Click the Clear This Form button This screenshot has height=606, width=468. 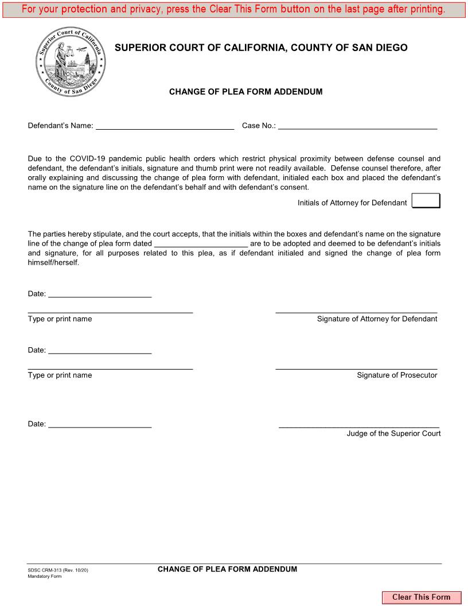pyautogui.click(x=421, y=597)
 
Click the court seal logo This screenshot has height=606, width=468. pyautogui.click(x=71, y=64)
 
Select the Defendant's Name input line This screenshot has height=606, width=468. pyautogui.click(x=165, y=125)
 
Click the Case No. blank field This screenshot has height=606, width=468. pyautogui.click(x=357, y=125)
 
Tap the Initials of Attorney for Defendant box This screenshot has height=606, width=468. pyautogui.click(x=426, y=201)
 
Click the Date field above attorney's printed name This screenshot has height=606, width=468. pyautogui.click(x=100, y=293)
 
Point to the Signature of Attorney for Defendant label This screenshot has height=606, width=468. pyautogui.click(x=377, y=319)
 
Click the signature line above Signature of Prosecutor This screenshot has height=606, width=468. pyautogui.click(x=356, y=367)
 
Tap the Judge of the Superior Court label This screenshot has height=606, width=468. pyautogui.click(x=393, y=434)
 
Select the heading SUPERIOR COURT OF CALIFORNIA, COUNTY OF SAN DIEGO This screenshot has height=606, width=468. pyautogui.click(x=261, y=48)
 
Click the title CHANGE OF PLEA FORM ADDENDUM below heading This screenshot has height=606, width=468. pyautogui.click(x=245, y=92)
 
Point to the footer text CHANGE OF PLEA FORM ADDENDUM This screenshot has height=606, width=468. pyautogui.click(x=227, y=569)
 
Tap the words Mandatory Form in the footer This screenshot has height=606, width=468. pyautogui.click(x=45, y=576)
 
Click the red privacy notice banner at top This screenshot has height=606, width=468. pyautogui.click(x=233, y=9)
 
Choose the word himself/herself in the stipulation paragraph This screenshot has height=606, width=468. pyautogui.click(x=53, y=262)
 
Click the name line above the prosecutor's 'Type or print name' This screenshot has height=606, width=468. pyautogui.click(x=110, y=367)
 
